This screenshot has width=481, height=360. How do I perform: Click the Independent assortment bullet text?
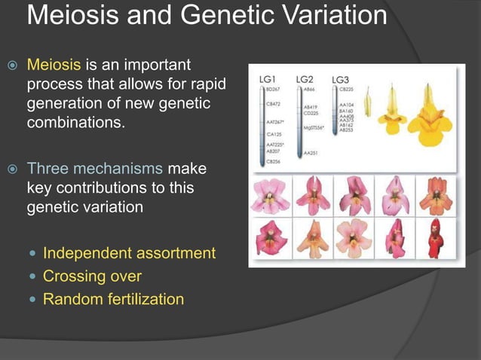(x=129, y=253)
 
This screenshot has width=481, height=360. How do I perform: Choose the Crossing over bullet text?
(x=92, y=276)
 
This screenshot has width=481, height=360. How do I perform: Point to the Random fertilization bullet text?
(x=113, y=299)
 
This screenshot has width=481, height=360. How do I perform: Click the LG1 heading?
(x=269, y=79)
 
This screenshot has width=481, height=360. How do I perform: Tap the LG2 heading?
(x=305, y=78)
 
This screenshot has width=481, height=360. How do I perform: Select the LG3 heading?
(x=341, y=79)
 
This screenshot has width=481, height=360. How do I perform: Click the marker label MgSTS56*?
(x=314, y=128)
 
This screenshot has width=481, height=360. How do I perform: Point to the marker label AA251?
(x=310, y=153)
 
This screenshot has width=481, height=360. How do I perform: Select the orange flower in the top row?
(x=436, y=196)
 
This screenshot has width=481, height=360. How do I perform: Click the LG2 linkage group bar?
(x=299, y=121)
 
